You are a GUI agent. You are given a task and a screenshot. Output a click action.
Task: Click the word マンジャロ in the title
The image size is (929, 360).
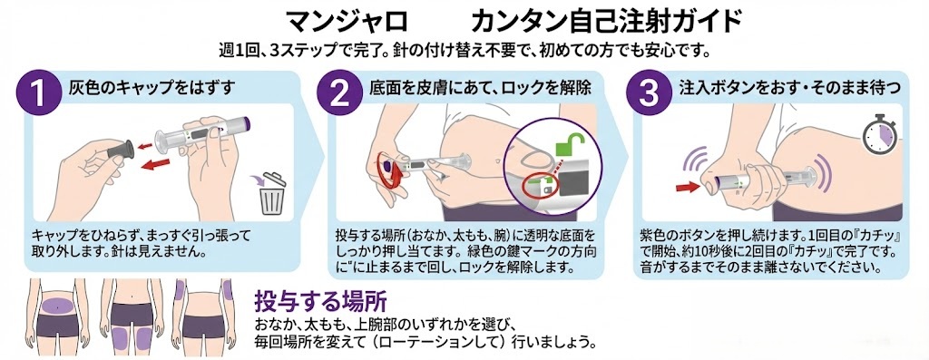coord(347,18)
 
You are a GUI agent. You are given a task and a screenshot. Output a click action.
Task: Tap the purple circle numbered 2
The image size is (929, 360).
coord(337,93)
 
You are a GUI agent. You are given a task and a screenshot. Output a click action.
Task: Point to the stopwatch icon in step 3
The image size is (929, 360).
coord(876,131)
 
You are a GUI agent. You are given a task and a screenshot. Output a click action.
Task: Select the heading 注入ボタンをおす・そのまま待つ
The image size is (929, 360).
coord(789,88)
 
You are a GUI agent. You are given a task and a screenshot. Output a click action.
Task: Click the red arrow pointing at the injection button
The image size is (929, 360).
coord(689,186)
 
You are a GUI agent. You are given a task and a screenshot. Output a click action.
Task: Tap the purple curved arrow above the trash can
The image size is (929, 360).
coord(263,180)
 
